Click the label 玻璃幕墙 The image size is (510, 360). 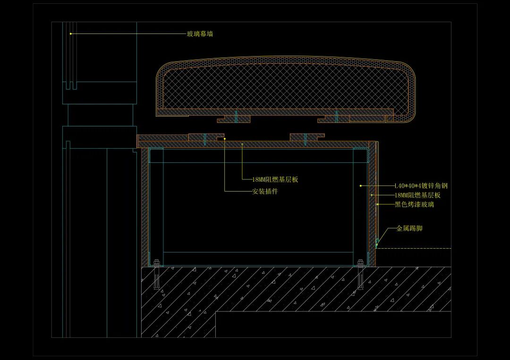[200, 34]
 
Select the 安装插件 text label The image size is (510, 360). [265, 192]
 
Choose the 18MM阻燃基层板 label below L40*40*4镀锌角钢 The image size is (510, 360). [417, 195]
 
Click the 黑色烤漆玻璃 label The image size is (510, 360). [414, 205]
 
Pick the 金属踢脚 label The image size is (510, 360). [409, 229]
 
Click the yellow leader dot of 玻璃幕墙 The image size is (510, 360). [71, 33]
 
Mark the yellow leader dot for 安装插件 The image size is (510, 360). [224, 139]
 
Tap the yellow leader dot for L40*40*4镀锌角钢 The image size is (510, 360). [360, 186]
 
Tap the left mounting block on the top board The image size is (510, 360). [205, 138]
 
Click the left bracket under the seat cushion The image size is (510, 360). [234, 118]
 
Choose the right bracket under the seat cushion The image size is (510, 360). [335, 118]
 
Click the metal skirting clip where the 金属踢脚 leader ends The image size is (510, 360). [377, 243]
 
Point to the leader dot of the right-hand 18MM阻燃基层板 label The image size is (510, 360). [372, 195]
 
